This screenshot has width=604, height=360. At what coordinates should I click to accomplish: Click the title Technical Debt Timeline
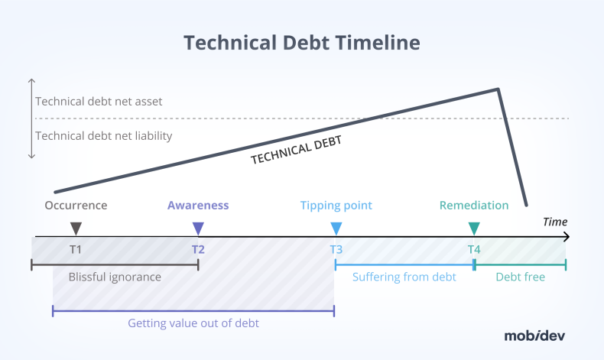click(302, 42)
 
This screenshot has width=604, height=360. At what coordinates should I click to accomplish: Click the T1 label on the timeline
click(76, 249)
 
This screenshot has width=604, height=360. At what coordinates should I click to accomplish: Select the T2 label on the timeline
click(198, 249)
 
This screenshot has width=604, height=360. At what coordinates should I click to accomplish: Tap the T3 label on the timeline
click(336, 249)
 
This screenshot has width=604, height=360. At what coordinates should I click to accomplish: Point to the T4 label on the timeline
click(474, 249)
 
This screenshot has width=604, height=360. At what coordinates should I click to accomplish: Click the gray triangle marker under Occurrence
click(76, 228)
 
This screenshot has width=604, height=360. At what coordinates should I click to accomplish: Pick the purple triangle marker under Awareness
click(198, 228)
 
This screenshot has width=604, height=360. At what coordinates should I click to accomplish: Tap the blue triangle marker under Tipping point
click(336, 228)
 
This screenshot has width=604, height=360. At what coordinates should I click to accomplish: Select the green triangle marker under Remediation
click(474, 228)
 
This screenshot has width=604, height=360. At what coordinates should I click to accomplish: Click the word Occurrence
click(76, 205)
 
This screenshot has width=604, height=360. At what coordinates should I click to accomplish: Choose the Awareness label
click(198, 205)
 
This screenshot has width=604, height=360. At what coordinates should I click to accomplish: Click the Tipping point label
click(336, 205)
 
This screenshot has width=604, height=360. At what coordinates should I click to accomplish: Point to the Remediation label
click(474, 205)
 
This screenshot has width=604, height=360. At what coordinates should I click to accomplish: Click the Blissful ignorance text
click(115, 277)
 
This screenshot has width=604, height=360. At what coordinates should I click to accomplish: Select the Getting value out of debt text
click(193, 323)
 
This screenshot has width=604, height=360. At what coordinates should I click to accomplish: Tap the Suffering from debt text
click(404, 277)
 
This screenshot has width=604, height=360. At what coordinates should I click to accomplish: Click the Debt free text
click(520, 277)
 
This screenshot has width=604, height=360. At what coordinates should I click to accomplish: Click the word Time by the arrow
click(555, 222)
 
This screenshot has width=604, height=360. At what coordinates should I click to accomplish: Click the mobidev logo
click(534, 335)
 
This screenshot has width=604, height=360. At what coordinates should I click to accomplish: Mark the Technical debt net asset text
click(99, 101)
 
